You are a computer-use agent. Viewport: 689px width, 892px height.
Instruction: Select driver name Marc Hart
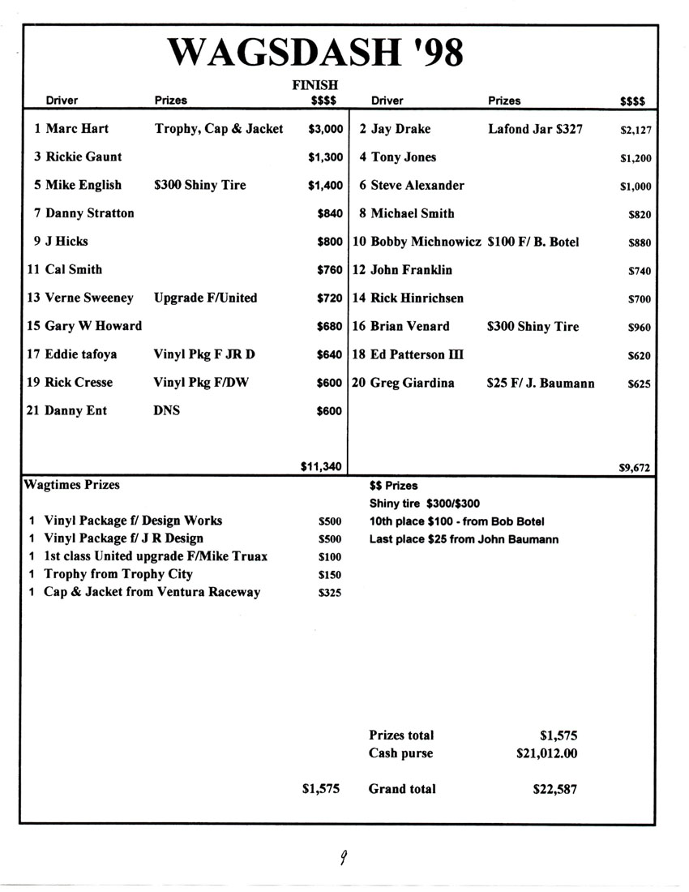coord(77,129)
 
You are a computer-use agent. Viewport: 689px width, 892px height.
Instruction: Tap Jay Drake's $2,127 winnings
coord(636,130)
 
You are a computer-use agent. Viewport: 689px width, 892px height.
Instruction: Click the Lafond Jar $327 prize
coord(535,129)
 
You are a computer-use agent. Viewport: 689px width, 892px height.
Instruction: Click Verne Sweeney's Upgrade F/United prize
coord(205,298)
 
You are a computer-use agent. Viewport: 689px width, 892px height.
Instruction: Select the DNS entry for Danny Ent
coord(166,410)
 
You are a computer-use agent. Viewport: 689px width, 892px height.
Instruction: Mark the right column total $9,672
coord(635,467)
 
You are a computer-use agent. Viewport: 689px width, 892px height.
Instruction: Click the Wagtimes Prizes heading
coord(71,485)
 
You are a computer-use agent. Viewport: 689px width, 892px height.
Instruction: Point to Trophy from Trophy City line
coord(118,574)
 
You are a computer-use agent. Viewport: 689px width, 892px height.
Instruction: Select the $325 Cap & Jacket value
coord(330,593)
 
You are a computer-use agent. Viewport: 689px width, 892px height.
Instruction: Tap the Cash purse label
coord(400,753)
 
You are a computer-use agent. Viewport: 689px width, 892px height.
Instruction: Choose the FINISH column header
coord(315,84)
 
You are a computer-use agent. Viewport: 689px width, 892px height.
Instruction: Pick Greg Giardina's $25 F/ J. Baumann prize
coord(540,383)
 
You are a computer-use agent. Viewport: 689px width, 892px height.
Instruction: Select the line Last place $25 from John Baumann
coord(464,539)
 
